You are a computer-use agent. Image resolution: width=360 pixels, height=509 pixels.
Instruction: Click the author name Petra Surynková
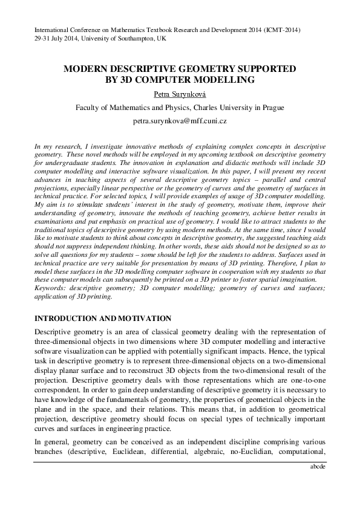tap(180, 95)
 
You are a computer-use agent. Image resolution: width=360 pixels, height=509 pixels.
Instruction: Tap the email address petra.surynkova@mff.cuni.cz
tap(180, 122)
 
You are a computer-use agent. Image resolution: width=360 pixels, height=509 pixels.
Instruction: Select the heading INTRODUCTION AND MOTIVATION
tap(103, 319)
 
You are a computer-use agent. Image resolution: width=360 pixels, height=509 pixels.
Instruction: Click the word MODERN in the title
tap(89, 70)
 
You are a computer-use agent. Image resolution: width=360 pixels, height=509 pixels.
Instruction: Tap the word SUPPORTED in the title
tap(264, 70)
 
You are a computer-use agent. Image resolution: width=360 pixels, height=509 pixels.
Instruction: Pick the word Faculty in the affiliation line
tap(90, 108)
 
